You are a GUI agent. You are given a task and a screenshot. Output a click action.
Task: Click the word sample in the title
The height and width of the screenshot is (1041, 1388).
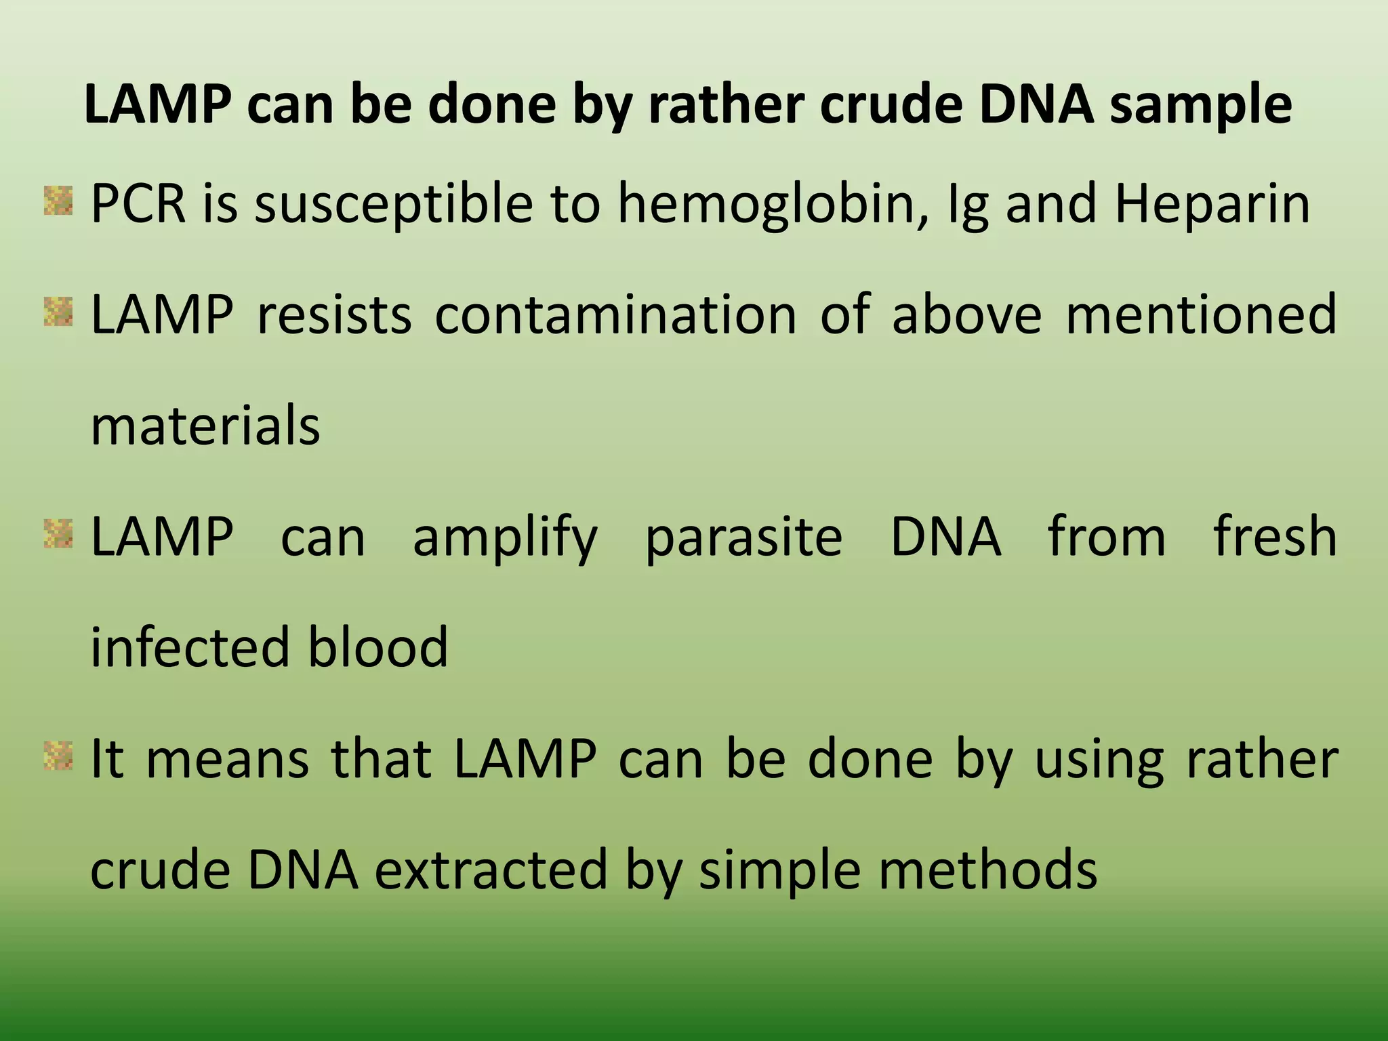(x=1200, y=106)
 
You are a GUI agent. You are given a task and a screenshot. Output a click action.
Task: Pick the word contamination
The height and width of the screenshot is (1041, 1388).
(x=615, y=315)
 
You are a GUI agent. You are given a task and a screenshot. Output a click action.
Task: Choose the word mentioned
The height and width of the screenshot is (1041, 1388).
(x=1201, y=315)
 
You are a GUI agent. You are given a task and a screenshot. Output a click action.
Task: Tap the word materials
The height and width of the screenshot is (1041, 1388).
(x=205, y=426)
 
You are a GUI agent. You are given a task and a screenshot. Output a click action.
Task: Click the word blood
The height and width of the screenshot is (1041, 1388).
(x=377, y=647)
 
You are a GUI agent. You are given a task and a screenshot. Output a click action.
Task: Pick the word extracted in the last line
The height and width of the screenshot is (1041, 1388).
(x=491, y=870)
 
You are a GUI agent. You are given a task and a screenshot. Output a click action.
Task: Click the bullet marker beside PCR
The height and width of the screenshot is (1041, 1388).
(x=58, y=201)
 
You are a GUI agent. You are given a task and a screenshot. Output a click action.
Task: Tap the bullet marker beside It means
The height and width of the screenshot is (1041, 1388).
(x=58, y=756)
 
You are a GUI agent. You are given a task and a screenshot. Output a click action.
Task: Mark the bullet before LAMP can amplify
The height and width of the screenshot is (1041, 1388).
(x=58, y=533)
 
